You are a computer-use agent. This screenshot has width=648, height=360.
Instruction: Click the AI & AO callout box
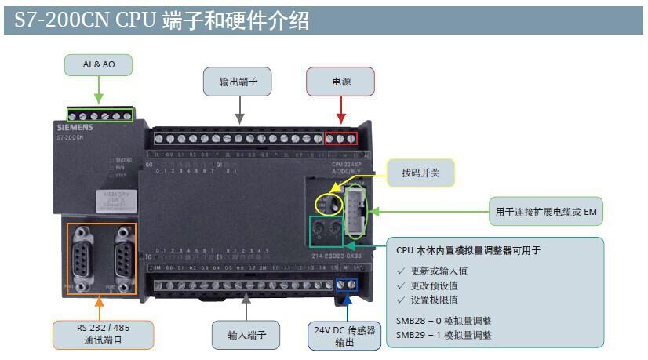(x=99, y=64)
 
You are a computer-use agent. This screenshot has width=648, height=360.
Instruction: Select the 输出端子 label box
(x=237, y=81)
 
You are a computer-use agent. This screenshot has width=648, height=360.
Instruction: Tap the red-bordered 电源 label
(x=340, y=81)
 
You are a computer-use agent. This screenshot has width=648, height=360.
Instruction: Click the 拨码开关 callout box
(x=421, y=173)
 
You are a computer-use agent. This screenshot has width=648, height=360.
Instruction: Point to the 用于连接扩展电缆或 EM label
(x=546, y=212)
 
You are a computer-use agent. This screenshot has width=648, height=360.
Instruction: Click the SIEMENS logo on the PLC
(x=75, y=126)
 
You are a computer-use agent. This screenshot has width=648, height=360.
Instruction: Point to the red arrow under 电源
(x=340, y=110)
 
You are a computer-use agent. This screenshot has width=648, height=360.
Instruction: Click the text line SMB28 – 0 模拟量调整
(x=444, y=322)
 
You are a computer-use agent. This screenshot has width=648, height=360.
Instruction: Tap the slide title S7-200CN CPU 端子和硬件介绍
(x=162, y=21)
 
